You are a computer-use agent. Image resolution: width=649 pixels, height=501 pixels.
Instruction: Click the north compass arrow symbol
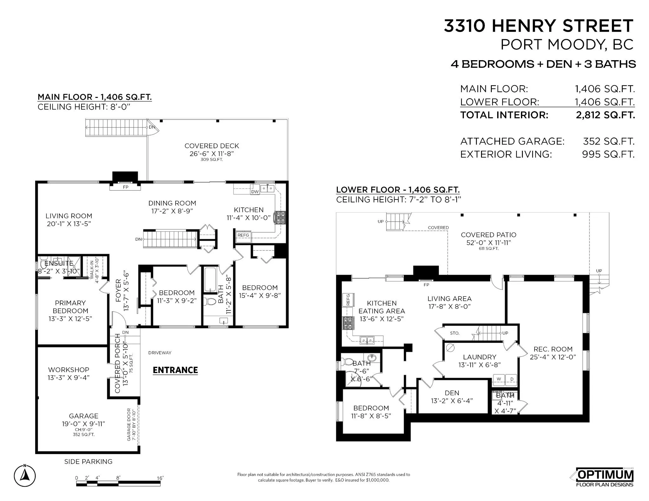25,476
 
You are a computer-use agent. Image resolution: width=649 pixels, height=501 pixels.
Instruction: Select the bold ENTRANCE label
175,370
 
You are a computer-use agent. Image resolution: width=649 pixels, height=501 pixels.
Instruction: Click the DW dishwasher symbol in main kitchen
255,192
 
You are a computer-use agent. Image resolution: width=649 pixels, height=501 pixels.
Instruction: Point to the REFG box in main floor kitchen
243,235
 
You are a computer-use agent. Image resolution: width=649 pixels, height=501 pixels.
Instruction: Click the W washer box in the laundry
499,379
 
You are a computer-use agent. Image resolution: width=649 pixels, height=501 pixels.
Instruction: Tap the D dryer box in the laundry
511,379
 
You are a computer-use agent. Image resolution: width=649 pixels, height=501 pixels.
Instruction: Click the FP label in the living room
125,187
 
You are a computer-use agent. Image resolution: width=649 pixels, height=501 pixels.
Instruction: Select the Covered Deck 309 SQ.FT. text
211,160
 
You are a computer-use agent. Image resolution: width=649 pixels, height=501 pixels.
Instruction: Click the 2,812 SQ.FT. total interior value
605,115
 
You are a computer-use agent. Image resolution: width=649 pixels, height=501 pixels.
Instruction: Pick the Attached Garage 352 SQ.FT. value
608,141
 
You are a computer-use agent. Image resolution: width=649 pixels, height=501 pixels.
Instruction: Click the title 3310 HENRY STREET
538,26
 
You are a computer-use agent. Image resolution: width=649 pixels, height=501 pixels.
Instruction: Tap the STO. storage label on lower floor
454,333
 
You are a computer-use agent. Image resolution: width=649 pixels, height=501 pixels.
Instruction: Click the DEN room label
452,393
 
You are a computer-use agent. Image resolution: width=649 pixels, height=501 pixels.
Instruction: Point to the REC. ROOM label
553,349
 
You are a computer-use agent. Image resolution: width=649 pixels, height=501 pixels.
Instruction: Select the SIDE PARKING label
88,461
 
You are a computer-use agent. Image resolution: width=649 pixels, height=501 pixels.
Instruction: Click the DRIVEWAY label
160,352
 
